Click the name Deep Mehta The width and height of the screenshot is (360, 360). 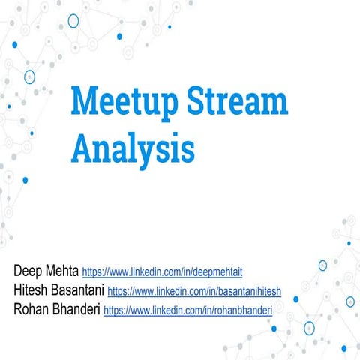click(46, 270)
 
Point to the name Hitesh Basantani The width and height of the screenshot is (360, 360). click(58, 289)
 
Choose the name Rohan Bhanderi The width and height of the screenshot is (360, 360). click(56, 308)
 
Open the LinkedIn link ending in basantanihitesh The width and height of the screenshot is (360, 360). click(193, 290)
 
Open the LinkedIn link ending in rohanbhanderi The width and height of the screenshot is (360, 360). click(187, 309)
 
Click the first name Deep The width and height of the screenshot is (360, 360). click(28, 270)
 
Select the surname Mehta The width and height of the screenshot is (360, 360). click(61, 270)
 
